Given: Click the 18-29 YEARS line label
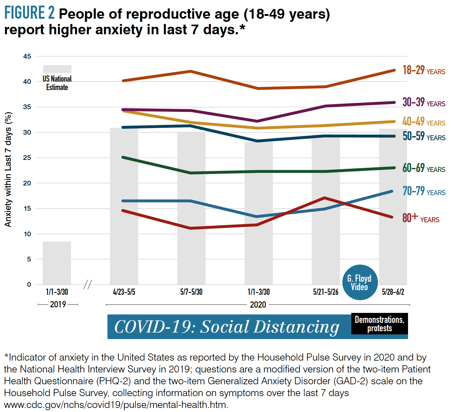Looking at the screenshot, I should pyautogui.click(x=424, y=70).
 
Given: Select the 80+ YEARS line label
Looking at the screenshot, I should pyautogui.click(x=420, y=218).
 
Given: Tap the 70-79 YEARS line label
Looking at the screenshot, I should pyautogui.click(x=424, y=191).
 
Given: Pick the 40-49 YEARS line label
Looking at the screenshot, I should pyautogui.click(x=424, y=122).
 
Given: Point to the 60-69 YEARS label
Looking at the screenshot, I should pyautogui.click(x=424, y=168).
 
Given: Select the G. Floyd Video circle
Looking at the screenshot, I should pyautogui.click(x=360, y=282).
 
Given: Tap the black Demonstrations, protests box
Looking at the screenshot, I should pyautogui.click(x=379, y=324).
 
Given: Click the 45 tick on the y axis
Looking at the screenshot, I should pyautogui.click(x=27, y=56).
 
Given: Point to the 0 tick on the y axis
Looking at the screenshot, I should pyautogui.click(x=29, y=284).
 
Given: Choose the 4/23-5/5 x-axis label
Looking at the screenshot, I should pyautogui.click(x=124, y=292).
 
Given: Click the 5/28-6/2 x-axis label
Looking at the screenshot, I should pyautogui.click(x=393, y=292).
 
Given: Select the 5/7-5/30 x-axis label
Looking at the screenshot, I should pyautogui.click(x=191, y=292).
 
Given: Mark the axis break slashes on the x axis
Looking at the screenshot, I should pyautogui.click(x=88, y=284).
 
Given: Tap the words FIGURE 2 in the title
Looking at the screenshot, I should pyautogui.click(x=29, y=13).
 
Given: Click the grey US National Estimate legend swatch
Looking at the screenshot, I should pyautogui.click(x=57, y=69).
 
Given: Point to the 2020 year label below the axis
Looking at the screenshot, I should pyautogui.click(x=258, y=304).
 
